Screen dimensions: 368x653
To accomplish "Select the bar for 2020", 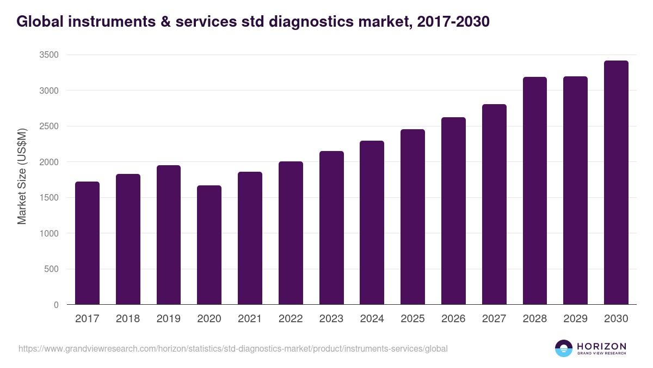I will pyautogui.click(x=209, y=245).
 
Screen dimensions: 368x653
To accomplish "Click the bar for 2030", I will pyautogui.click(x=616, y=183).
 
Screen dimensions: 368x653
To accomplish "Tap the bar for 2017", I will pyautogui.click(x=87, y=243).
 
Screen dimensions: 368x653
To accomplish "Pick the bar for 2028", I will pyautogui.click(x=534, y=191).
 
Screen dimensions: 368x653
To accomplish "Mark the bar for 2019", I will pyautogui.click(x=169, y=235).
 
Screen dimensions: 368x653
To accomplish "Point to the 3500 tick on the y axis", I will pyautogui.click(x=48, y=55).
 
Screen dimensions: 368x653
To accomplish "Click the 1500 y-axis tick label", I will pyautogui.click(x=48, y=198).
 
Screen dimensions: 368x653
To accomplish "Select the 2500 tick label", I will pyautogui.click(x=48, y=126).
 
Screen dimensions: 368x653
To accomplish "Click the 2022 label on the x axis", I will pyautogui.click(x=291, y=319).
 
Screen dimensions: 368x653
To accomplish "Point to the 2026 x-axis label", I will pyautogui.click(x=453, y=319).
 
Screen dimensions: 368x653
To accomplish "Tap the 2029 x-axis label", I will pyautogui.click(x=575, y=319).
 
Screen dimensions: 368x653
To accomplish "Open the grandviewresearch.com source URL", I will pyautogui.click(x=233, y=348).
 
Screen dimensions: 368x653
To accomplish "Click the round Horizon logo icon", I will pyautogui.click(x=563, y=348).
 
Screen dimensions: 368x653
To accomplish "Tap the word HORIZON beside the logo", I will pyautogui.click(x=601, y=346).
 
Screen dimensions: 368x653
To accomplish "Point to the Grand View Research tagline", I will pyautogui.click(x=601, y=353).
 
